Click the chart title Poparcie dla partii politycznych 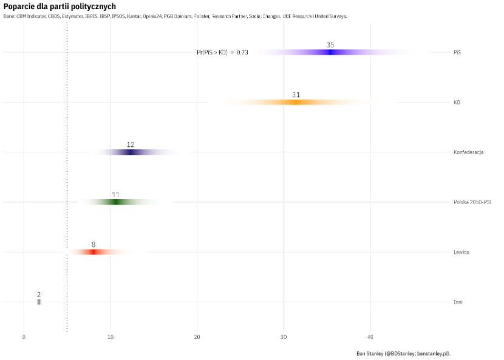point(60,6)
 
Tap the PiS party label point(457,53)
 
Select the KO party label point(457,103)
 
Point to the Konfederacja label point(468,152)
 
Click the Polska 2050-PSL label point(472,202)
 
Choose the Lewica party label point(461,252)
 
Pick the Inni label point(458,302)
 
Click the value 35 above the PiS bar point(330,45)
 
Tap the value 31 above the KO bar point(296,95)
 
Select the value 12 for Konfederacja point(131,144)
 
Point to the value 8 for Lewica point(94,245)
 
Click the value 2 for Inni point(39,294)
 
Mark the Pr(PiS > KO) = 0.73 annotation point(222,53)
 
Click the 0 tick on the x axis point(24,337)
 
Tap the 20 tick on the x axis point(197,337)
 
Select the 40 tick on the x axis point(370,337)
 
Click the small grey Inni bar point(39,302)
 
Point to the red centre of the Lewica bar point(94,252)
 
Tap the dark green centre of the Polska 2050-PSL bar point(116,202)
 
